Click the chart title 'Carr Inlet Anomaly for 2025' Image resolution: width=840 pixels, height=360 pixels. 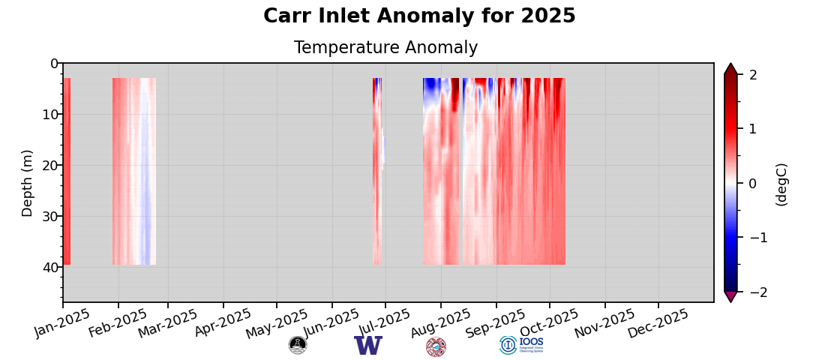pyautogui.click(x=419, y=16)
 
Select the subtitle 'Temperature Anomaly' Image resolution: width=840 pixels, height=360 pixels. pyautogui.click(x=385, y=48)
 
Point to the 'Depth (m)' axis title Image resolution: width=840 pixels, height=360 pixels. pyautogui.click(x=28, y=183)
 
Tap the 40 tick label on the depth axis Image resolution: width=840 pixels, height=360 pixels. pyautogui.click(x=49, y=268)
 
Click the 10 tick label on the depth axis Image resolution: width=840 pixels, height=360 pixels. pyautogui.click(x=49, y=115)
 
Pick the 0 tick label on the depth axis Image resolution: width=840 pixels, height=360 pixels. pyautogui.click(x=54, y=64)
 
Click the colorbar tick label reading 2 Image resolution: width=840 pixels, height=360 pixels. pyautogui.click(x=753, y=75)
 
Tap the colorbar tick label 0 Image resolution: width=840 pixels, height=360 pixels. pyautogui.click(x=753, y=184)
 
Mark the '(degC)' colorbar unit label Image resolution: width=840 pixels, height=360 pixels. pyautogui.click(x=781, y=184)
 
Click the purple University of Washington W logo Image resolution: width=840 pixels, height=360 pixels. pyautogui.click(x=368, y=346)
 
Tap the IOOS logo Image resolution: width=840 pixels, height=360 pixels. pyautogui.click(x=521, y=345)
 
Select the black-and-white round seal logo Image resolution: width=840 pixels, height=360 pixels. pyautogui.click(x=298, y=345)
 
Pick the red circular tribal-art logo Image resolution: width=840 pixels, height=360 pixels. pyautogui.click(x=436, y=346)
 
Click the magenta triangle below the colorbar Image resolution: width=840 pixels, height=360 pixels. pyautogui.click(x=730, y=297)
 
